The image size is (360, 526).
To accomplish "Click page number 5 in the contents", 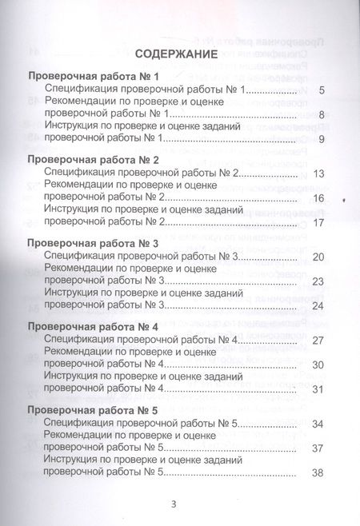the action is point(320,90).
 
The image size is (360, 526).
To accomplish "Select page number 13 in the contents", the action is point(318,173).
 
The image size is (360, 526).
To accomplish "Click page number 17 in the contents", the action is point(318,222).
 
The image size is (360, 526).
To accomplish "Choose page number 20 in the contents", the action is point(318,257).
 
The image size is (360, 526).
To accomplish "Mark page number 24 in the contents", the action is point(318,305).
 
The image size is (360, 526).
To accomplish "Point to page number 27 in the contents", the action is point(318,341).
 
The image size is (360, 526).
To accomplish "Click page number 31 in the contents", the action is point(318,389).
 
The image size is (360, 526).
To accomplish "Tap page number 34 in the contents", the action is point(318,424).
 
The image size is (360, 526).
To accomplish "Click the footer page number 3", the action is point(173,504).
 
